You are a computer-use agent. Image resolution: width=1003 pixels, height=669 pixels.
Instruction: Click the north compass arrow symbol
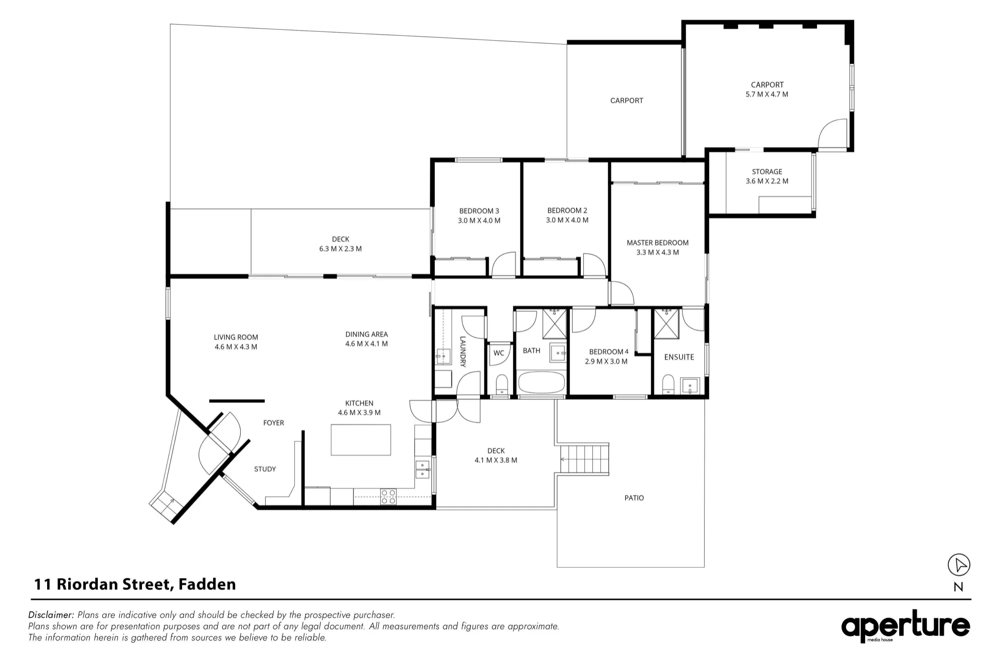pos(959,565)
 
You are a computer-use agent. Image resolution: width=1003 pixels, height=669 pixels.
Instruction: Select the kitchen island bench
pos(361,440)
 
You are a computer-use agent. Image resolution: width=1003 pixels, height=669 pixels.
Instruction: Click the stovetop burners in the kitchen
pos(388,496)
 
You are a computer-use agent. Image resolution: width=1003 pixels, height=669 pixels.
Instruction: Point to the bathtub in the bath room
pos(542,383)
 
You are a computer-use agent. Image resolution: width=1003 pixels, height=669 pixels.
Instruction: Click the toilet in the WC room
pos(501,385)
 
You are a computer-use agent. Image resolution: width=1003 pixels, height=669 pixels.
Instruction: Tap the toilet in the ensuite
pos(668,385)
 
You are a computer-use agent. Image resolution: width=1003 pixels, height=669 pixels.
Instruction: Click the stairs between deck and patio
pos(584,458)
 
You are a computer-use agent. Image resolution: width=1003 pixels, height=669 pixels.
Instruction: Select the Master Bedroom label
pos(657,243)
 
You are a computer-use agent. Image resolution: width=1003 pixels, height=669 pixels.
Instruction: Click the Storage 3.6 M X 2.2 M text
pos(767,177)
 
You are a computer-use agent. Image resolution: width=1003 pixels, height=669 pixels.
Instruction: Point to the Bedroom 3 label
pos(479,211)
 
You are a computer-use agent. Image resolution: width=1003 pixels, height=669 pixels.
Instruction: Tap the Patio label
pos(634,498)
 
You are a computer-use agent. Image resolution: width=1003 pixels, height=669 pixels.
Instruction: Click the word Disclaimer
pos(51,615)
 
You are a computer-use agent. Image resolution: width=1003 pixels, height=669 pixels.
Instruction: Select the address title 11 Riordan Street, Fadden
pos(135,584)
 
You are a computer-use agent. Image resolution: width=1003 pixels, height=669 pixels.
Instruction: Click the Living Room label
pos(236,338)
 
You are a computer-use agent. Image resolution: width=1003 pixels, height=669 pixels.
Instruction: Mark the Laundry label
pos(463,352)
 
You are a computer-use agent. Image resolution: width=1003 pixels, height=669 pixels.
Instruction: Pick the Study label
pos(265,469)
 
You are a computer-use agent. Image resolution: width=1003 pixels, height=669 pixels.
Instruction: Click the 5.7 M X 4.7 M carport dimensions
pos(767,94)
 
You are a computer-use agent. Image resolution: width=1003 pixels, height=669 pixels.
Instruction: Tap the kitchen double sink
pos(423,469)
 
